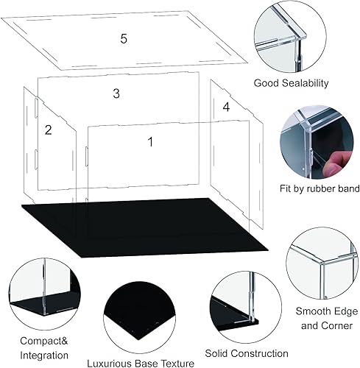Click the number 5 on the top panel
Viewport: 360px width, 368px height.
(x=124, y=39)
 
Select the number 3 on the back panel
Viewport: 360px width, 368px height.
(x=116, y=93)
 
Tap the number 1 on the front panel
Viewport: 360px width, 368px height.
(x=151, y=141)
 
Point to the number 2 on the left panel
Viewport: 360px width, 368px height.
(x=48, y=130)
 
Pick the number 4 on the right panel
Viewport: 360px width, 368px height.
(x=226, y=107)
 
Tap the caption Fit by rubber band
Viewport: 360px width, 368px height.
(x=309, y=188)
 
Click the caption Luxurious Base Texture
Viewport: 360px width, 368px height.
(x=141, y=363)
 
